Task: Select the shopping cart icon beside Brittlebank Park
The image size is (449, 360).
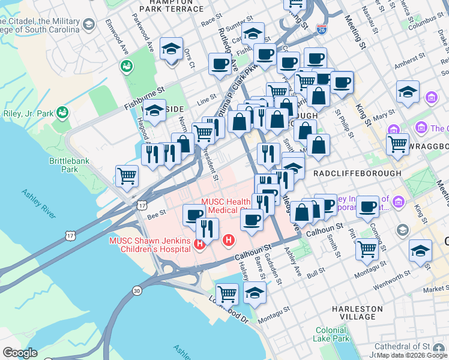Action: pos(127,176)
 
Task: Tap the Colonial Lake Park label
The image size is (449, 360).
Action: pos(331,334)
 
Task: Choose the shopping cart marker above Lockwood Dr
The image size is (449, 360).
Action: pos(227,293)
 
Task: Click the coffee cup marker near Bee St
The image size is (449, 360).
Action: pos(193,214)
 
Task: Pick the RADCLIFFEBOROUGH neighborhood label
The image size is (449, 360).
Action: pos(357,173)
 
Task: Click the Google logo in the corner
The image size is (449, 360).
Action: pos(19,353)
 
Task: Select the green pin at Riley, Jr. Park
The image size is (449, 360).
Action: pos(62,112)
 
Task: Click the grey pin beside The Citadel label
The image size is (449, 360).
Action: pos(89,25)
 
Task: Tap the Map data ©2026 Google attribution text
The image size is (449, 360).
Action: pos(412,355)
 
